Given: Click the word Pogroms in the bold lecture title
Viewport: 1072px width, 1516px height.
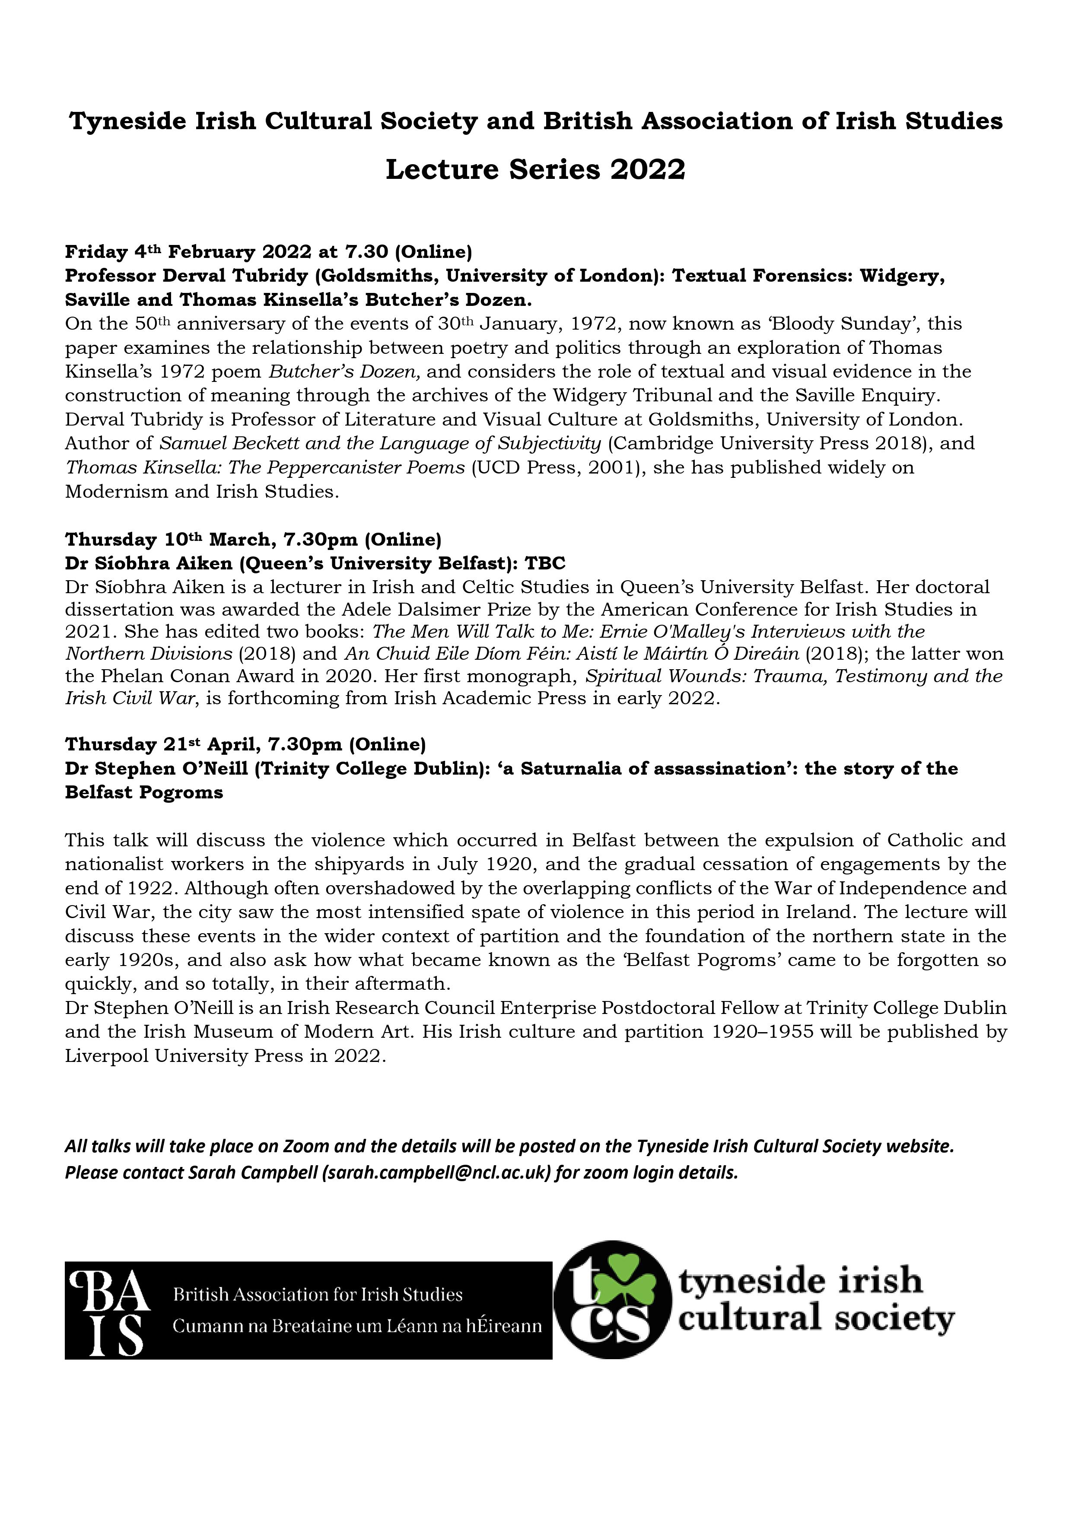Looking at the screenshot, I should (x=181, y=792).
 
